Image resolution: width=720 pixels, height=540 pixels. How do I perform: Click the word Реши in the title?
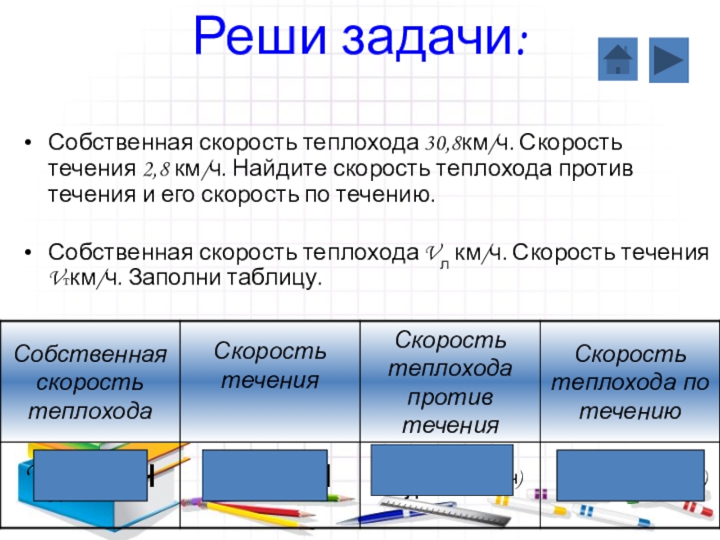point(253,38)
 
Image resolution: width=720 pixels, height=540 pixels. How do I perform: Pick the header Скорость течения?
point(269,365)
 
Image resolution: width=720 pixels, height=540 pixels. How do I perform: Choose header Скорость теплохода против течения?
point(449,382)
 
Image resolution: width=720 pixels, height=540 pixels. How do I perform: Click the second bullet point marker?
point(29,253)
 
